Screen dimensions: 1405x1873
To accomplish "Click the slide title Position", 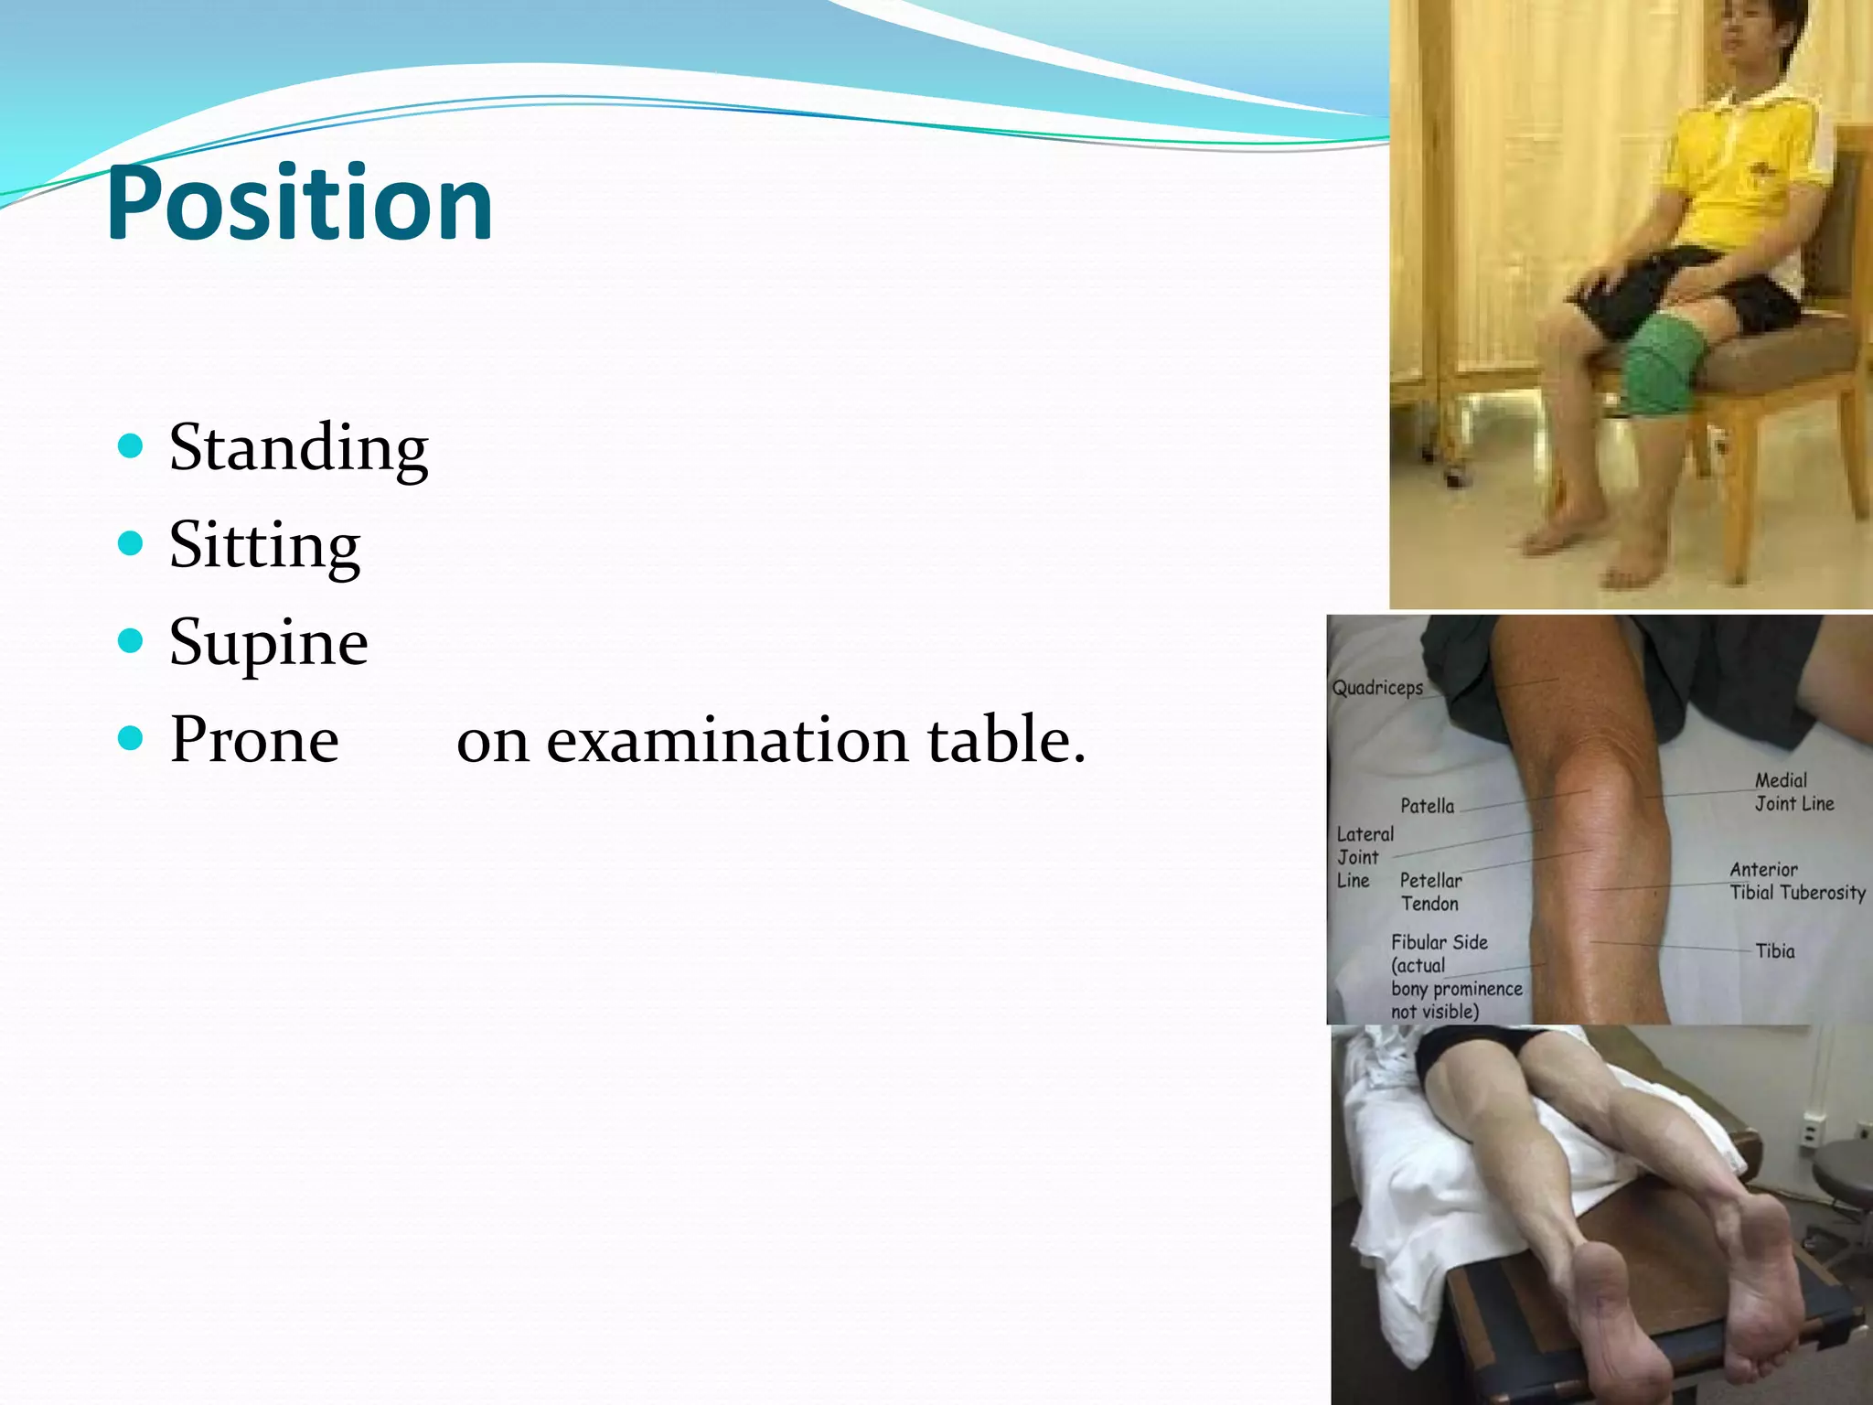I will point(299,203).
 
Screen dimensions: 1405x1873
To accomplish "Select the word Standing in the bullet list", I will point(298,448).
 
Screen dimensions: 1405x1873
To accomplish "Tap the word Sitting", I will point(264,546).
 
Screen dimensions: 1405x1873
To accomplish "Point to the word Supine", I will point(269,642).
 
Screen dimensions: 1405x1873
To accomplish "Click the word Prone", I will point(254,739).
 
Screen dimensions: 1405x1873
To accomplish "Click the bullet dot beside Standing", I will point(131,446).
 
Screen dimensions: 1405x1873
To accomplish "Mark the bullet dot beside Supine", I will point(131,640).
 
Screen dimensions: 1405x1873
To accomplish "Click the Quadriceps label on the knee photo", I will point(1377,688).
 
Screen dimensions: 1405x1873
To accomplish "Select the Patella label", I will point(1427,806).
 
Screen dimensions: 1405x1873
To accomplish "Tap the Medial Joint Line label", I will point(1793,792).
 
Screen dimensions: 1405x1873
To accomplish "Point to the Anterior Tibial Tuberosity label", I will point(1796,881).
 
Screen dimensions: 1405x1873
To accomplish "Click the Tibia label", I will point(1774,951).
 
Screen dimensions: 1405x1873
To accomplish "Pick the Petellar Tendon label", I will point(1430,892).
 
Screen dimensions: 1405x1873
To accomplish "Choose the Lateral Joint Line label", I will point(1364,857).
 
